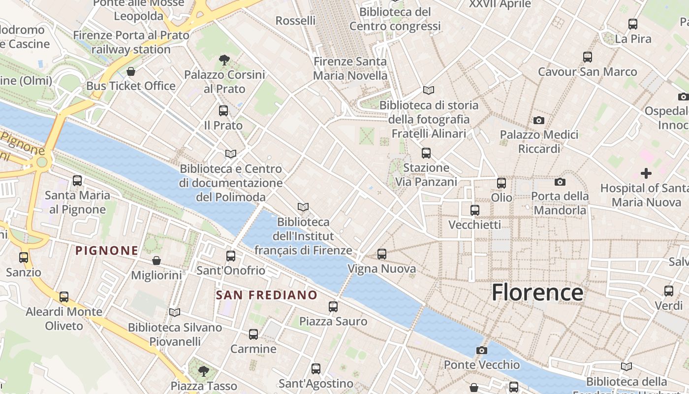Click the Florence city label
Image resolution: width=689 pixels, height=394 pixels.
(x=537, y=292)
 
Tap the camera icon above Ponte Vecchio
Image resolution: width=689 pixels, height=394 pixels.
(x=482, y=350)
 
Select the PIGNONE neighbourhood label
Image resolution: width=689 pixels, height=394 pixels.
(x=106, y=250)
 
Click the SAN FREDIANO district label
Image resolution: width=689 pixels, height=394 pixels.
(x=267, y=295)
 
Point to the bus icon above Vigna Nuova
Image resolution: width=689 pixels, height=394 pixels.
(x=382, y=254)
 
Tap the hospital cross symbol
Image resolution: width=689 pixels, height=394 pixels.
(x=646, y=173)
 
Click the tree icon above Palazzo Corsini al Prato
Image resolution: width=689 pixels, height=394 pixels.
(x=224, y=60)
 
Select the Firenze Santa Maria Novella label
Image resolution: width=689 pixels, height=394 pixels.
(x=350, y=68)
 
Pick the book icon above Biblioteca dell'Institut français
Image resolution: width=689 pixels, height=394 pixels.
(x=303, y=207)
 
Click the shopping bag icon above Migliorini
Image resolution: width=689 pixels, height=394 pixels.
(x=157, y=261)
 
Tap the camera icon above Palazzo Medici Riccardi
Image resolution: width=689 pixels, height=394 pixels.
(x=539, y=120)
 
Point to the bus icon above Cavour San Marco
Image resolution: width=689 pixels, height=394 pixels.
(x=588, y=57)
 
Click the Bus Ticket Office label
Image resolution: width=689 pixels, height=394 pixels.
(x=131, y=86)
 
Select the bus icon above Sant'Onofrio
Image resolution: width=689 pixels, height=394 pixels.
(x=231, y=256)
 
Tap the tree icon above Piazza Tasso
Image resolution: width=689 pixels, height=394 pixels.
(x=204, y=371)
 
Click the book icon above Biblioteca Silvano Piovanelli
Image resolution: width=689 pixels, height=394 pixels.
(x=175, y=312)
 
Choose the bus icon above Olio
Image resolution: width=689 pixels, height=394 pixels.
(x=501, y=183)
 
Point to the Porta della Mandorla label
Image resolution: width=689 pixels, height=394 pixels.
(x=560, y=203)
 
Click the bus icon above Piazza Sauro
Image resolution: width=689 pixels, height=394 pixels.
(x=333, y=307)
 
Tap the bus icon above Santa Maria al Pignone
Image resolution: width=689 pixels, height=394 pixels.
(x=77, y=181)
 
